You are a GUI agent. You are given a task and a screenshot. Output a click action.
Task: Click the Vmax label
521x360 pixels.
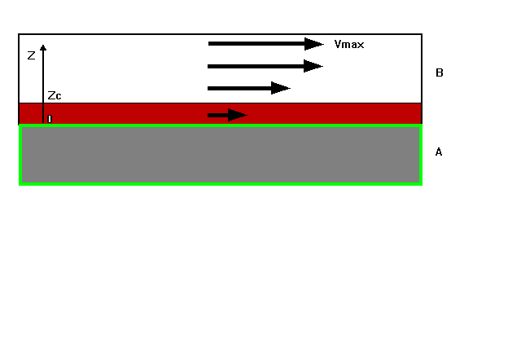(x=348, y=44)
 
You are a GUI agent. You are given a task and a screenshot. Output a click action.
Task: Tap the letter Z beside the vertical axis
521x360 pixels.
(x=31, y=56)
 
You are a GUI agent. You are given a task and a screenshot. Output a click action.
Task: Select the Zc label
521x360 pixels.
(x=55, y=96)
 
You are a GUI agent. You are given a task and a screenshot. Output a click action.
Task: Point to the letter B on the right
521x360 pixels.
(x=440, y=73)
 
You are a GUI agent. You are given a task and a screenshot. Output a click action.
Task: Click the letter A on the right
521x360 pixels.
(x=440, y=152)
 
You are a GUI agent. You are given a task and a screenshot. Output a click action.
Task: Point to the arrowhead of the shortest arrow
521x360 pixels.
(x=237, y=115)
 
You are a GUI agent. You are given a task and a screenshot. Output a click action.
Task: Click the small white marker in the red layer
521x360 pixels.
(x=50, y=119)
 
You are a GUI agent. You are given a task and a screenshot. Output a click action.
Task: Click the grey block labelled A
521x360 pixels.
(x=220, y=154)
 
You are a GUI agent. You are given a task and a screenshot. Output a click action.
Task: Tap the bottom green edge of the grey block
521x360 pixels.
(x=220, y=183)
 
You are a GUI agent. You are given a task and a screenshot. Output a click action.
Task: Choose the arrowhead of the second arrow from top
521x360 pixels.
(x=313, y=66)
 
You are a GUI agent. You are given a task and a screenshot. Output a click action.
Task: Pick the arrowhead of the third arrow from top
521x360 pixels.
(x=281, y=88)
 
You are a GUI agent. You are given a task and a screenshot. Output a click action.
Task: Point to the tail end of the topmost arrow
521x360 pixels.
(x=211, y=44)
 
